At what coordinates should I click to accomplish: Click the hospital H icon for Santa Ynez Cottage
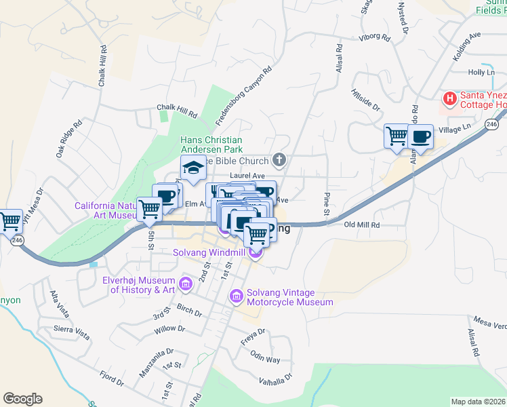point(449,99)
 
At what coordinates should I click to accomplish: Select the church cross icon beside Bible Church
point(278,160)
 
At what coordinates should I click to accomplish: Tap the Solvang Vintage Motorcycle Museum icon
point(236,295)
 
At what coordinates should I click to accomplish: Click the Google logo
point(22,399)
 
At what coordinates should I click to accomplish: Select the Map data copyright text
point(479,402)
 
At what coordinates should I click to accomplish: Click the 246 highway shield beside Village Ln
point(492,124)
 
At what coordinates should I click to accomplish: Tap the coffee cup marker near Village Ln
point(420,136)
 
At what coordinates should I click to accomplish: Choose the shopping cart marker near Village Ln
point(397,135)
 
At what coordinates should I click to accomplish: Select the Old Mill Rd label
point(362,225)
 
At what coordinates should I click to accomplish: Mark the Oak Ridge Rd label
point(68,139)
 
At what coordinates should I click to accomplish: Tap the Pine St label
point(326,203)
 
